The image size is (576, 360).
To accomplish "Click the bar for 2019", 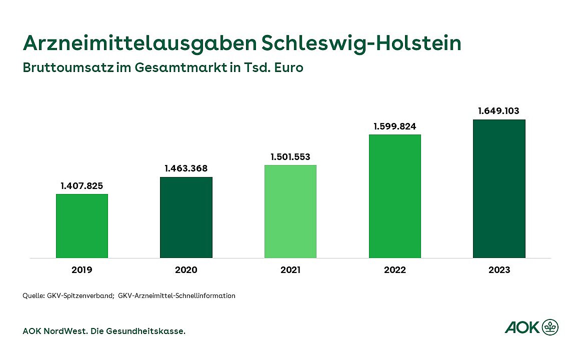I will (x=82, y=226).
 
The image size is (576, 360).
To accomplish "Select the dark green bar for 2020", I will (x=186, y=217).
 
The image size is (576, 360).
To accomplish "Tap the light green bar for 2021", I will (x=290, y=211).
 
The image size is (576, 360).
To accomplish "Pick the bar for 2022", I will (x=395, y=196).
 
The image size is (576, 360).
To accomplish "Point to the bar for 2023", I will (x=499, y=188).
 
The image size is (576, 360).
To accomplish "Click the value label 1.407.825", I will (x=82, y=186).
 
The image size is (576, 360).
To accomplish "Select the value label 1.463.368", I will (x=186, y=168).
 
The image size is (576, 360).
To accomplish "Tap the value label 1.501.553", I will (x=290, y=157).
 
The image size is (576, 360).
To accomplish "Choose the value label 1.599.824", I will (x=395, y=126).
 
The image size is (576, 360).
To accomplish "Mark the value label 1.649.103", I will (x=499, y=111).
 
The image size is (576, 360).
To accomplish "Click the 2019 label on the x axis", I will (x=82, y=270).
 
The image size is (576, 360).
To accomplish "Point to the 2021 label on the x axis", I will (x=290, y=270).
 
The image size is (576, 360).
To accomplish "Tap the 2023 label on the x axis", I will (x=499, y=270).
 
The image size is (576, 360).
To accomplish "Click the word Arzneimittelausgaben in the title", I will (x=139, y=43).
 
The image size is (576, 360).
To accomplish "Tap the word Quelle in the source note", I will (x=33, y=295).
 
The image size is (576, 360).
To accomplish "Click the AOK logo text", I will (x=522, y=327).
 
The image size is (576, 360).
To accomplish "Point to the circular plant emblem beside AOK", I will (x=550, y=327).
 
